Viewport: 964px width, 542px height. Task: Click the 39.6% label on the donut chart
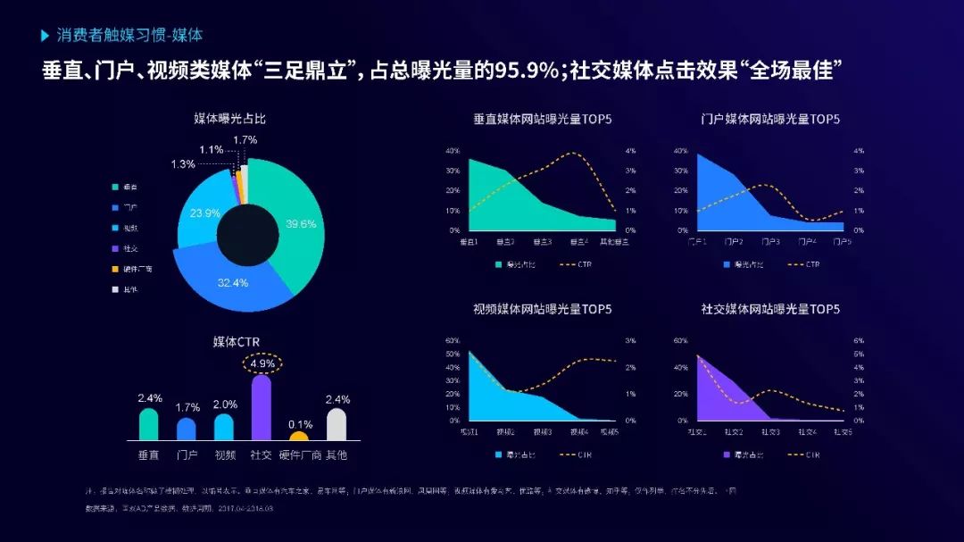click(x=301, y=224)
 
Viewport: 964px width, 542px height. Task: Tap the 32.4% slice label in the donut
click(x=232, y=282)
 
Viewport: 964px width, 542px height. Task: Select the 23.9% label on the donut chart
click(x=205, y=213)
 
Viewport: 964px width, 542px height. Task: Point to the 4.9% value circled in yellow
click(x=262, y=363)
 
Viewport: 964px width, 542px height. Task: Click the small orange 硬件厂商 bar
click(x=299, y=436)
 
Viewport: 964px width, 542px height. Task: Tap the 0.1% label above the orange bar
click(x=300, y=424)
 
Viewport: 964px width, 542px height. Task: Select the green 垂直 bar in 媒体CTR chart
click(x=148, y=424)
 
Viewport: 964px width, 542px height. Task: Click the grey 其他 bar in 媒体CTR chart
click(x=337, y=424)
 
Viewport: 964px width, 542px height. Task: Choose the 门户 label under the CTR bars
click(x=187, y=455)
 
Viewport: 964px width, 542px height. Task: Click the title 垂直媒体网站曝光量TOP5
click(x=543, y=119)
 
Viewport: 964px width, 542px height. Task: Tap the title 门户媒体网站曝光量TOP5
click(x=770, y=119)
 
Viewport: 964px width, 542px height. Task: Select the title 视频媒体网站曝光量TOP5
click(x=543, y=309)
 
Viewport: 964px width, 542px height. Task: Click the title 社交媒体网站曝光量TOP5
click(x=770, y=309)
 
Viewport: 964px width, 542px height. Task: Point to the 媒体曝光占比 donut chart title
click(x=230, y=119)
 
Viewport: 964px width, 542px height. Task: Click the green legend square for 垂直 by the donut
click(x=115, y=187)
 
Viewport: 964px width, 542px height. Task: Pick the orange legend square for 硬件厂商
click(x=115, y=269)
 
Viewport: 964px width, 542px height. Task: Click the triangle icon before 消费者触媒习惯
click(x=46, y=36)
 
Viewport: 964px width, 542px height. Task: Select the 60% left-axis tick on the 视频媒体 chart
click(x=453, y=341)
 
